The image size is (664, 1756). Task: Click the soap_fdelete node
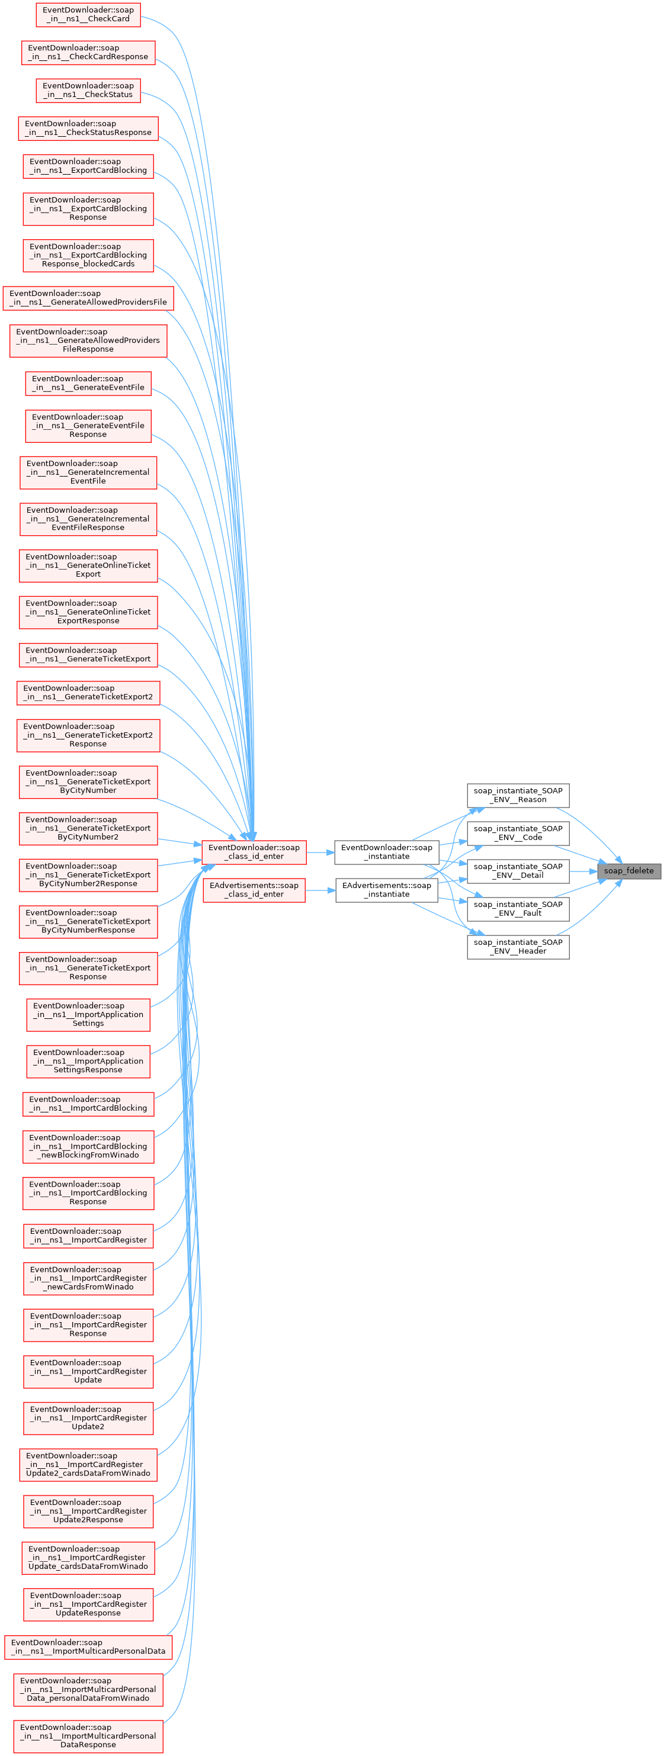628,870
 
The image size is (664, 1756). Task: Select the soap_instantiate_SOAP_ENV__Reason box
518,795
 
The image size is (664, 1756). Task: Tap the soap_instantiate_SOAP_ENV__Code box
518,833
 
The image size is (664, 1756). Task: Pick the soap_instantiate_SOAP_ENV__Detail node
518,870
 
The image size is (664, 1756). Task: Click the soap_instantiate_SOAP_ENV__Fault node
518,909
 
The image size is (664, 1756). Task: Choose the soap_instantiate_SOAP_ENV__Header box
518,946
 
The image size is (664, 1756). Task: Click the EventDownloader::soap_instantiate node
387,852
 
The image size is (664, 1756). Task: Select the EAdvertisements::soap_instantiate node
387,890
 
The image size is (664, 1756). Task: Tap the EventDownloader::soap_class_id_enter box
254,852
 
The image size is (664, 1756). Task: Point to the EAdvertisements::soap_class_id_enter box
254,890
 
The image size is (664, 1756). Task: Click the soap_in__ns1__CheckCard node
88,14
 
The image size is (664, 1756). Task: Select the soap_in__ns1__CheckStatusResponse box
88,128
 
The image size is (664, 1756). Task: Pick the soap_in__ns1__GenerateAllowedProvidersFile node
88,298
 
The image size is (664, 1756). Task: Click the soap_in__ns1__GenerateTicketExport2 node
88,693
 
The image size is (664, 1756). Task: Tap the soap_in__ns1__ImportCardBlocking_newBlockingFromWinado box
88,1147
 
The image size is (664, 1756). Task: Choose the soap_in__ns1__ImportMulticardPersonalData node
88,1647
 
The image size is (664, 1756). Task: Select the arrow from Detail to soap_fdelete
583,871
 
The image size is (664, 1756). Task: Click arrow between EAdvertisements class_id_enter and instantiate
320,890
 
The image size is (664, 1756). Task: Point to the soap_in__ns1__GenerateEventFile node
88,383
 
